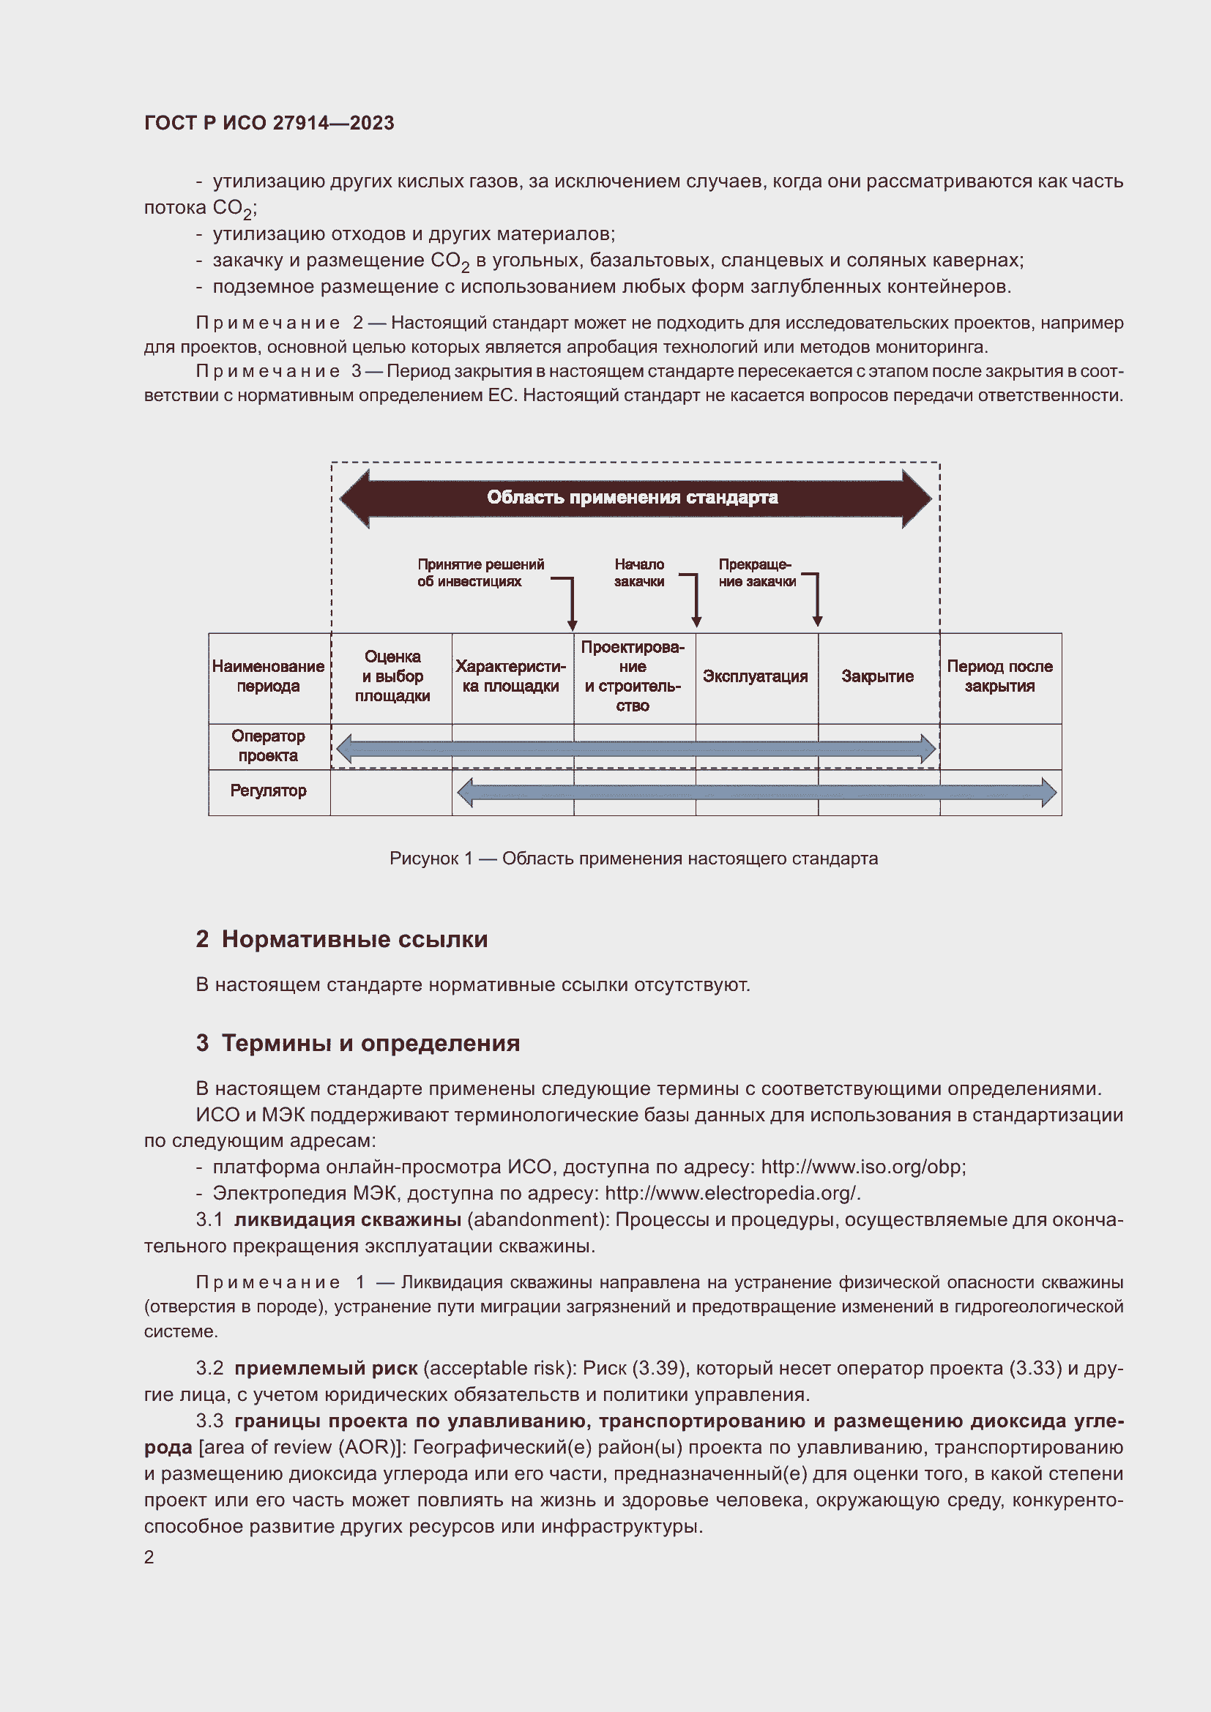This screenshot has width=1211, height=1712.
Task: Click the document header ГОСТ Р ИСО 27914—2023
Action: [269, 123]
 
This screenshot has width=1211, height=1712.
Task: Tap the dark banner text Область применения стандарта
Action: [633, 497]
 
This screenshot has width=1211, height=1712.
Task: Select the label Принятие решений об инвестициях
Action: [480, 572]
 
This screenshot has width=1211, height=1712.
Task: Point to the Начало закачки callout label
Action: [639, 572]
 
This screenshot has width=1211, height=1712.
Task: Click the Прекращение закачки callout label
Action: [756, 572]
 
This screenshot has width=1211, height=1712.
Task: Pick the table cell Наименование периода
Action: [269, 676]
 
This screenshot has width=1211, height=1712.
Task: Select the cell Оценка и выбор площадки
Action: [392, 676]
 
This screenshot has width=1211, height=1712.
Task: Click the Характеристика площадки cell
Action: [511, 676]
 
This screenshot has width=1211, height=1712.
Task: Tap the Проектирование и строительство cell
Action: [633, 676]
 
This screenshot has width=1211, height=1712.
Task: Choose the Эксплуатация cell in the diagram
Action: [756, 676]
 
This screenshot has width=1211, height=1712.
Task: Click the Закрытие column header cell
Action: [878, 676]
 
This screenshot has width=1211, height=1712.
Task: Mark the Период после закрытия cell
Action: [999, 676]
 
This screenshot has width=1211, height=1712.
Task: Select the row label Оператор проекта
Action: [269, 746]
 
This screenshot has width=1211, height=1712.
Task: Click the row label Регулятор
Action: [269, 790]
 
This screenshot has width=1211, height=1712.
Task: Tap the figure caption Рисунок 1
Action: [633, 859]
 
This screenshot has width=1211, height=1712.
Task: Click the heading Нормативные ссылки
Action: [354, 940]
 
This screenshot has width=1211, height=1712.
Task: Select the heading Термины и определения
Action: [370, 1043]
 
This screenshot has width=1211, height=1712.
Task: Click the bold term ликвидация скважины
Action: [348, 1219]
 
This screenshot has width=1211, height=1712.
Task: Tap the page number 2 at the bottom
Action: [149, 1557]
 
